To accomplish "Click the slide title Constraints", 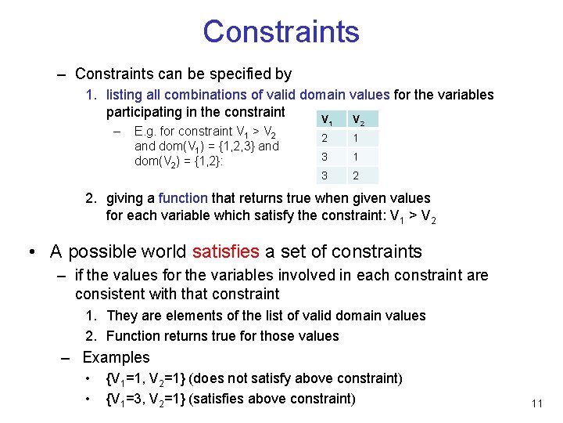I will (x=281, y=32).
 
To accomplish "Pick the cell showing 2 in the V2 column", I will (x=357, y=176).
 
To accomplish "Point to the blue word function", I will (x=183, y=199).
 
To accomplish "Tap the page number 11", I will (x=536, y=403).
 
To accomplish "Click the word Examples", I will (x=116, y=357).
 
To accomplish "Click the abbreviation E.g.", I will (x=145, y=132).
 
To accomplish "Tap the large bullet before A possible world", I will (x=32, y=252).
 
